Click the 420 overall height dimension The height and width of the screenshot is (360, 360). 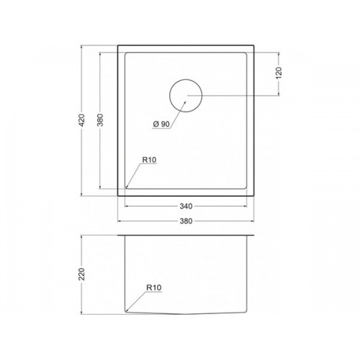point(82,120)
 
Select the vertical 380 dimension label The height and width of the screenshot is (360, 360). point(100,120)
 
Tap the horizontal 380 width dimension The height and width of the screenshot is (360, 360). point(186,221)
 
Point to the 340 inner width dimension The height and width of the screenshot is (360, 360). point(186,206)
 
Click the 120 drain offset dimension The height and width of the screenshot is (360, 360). point(279,73)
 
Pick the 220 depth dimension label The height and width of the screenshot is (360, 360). point(82,274)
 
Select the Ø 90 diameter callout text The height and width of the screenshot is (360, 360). point(161,124)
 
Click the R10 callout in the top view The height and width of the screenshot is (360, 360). point(149,160)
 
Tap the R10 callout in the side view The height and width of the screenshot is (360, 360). point(154,287)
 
